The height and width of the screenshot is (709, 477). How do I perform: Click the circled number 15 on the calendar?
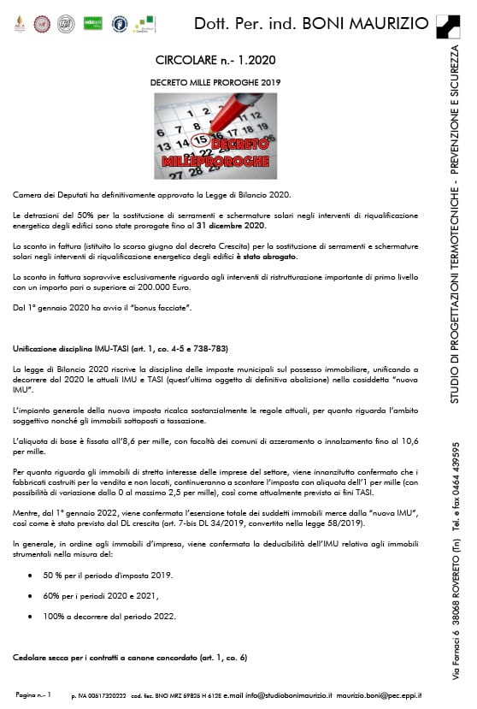pos(200,139)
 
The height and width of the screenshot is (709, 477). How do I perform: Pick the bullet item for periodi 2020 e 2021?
pos(108,596)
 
